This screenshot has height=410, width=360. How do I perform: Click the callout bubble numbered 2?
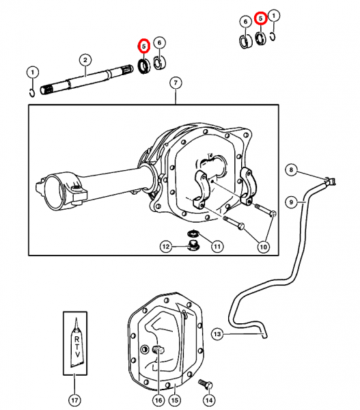coord(85,60)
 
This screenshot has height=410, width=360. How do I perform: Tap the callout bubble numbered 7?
coord(176,83)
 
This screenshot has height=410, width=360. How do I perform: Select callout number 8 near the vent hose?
coord(291,170)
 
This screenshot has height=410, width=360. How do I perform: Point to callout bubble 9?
coord(291,202)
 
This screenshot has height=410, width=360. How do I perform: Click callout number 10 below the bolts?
coord(263,247)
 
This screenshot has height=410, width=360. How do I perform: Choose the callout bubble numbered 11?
coord(217,246)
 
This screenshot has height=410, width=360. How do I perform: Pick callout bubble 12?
coord(166,247)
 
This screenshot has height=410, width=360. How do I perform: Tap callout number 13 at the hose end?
coord(217,334)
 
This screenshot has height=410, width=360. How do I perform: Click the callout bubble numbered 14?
coord(209,400)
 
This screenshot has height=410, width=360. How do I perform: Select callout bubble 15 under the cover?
coord(175,400)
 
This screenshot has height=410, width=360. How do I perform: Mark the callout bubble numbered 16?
coord(158,400)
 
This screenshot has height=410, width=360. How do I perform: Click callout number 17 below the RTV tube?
coord(74,400)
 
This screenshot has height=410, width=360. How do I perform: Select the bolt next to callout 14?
coord(206,384)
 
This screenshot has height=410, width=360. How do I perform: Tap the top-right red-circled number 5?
coord(261,18)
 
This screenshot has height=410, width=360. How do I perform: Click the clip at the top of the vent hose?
coord(331,181)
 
